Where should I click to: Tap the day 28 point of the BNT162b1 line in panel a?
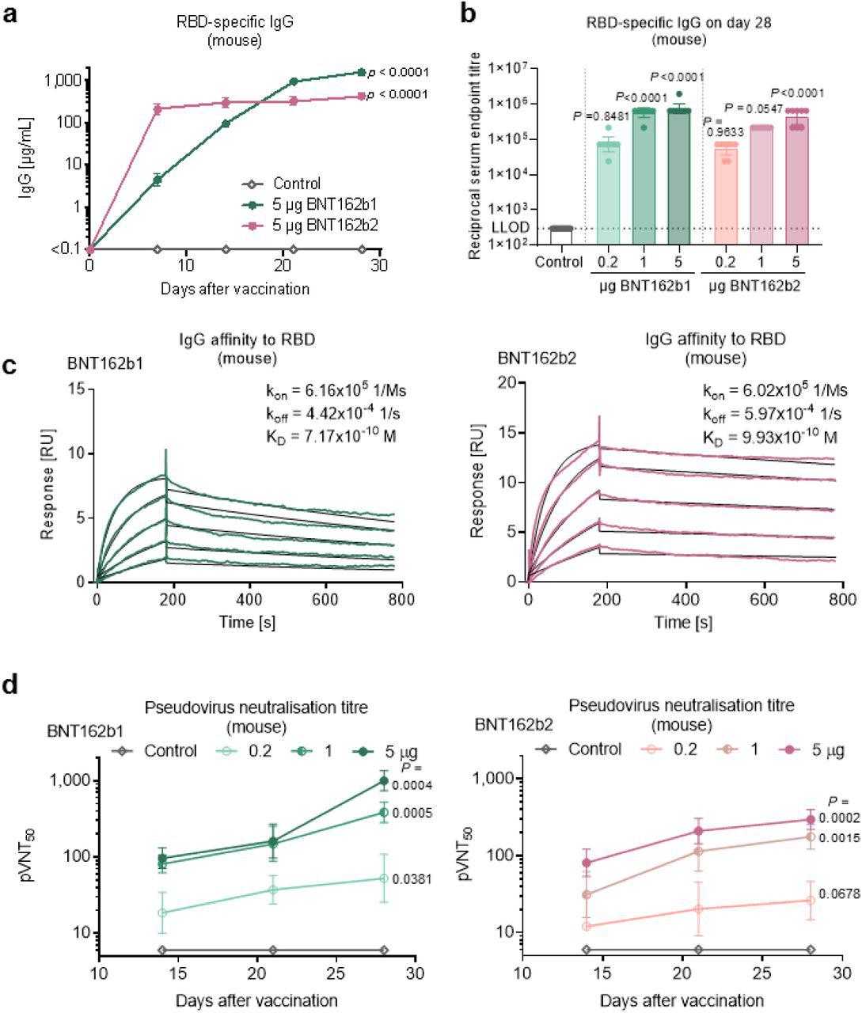362,72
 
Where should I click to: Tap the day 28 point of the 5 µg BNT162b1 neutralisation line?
384,781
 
